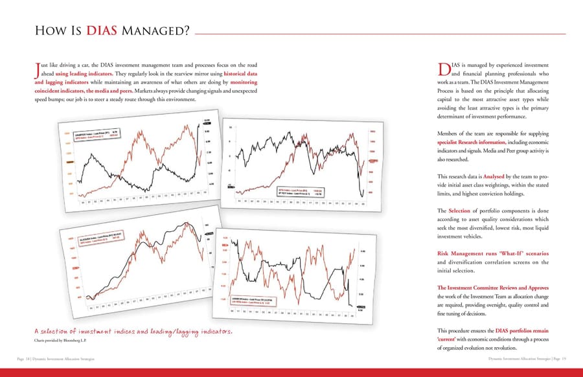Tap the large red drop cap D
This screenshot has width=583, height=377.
(444, 70)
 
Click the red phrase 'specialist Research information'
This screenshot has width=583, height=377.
(471, 142)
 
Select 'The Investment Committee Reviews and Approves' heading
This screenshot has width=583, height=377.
(493, 288)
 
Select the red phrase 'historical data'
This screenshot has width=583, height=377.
(240, 74)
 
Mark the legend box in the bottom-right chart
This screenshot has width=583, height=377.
(255, 301)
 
